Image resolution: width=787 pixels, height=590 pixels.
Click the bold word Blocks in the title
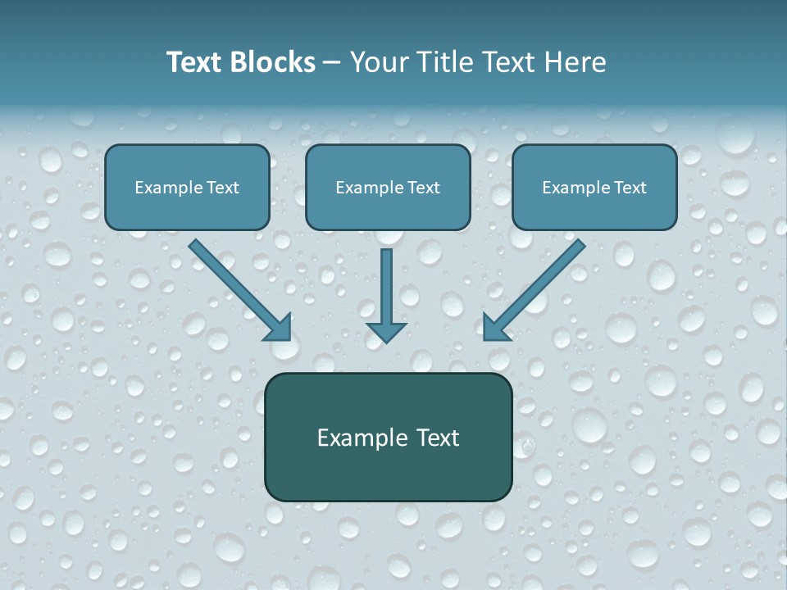pyautogui.click(x=275, y=62)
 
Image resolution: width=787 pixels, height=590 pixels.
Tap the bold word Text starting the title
pyautogui.click(x=197, y=62)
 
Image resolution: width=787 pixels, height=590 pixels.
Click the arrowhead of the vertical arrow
pyautogui.click(x=386, y=331)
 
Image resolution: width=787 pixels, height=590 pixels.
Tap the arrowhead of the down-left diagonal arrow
pyautogui.click(x=495, y=328)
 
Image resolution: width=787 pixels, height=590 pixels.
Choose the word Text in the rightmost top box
pyautogui.click(x=629, y=188)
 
